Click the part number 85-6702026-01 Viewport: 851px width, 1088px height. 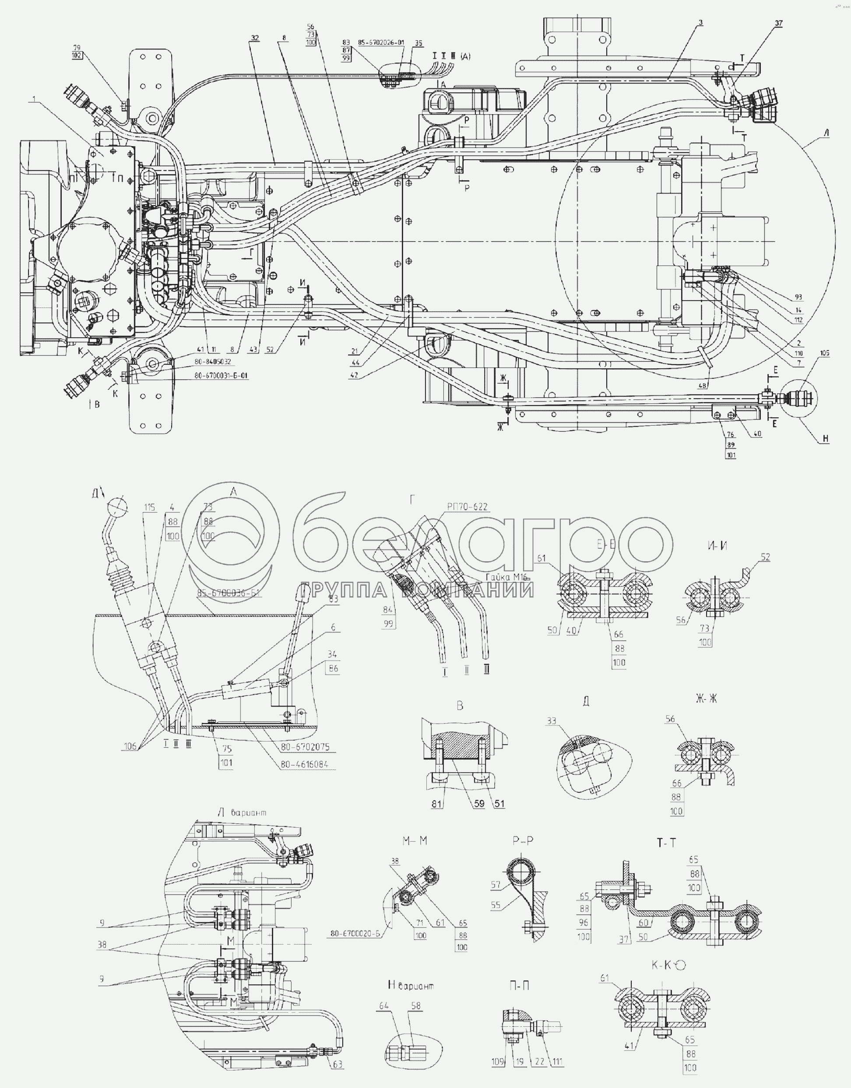[x=380, y=43]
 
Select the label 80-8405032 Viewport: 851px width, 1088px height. [x=213, y=362]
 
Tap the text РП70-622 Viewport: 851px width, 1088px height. [x=467, y=507]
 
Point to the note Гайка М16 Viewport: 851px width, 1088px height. [x=506, y=577]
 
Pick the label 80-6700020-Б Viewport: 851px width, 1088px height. [x=355, y=934]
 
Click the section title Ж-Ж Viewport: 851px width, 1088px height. [x=706, y=699]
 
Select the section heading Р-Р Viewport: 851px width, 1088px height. [x=523, y=840]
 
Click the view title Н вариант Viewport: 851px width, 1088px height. [x=410, y=985]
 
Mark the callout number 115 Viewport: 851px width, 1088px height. [x=150, y=507]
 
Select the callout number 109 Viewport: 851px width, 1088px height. [x=498, y=1062]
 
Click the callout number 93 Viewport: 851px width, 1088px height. [x=798, y=297]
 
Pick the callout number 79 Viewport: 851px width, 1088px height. [x=77, y=48]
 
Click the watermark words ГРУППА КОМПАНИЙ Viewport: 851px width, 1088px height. [x=418, y=590]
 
